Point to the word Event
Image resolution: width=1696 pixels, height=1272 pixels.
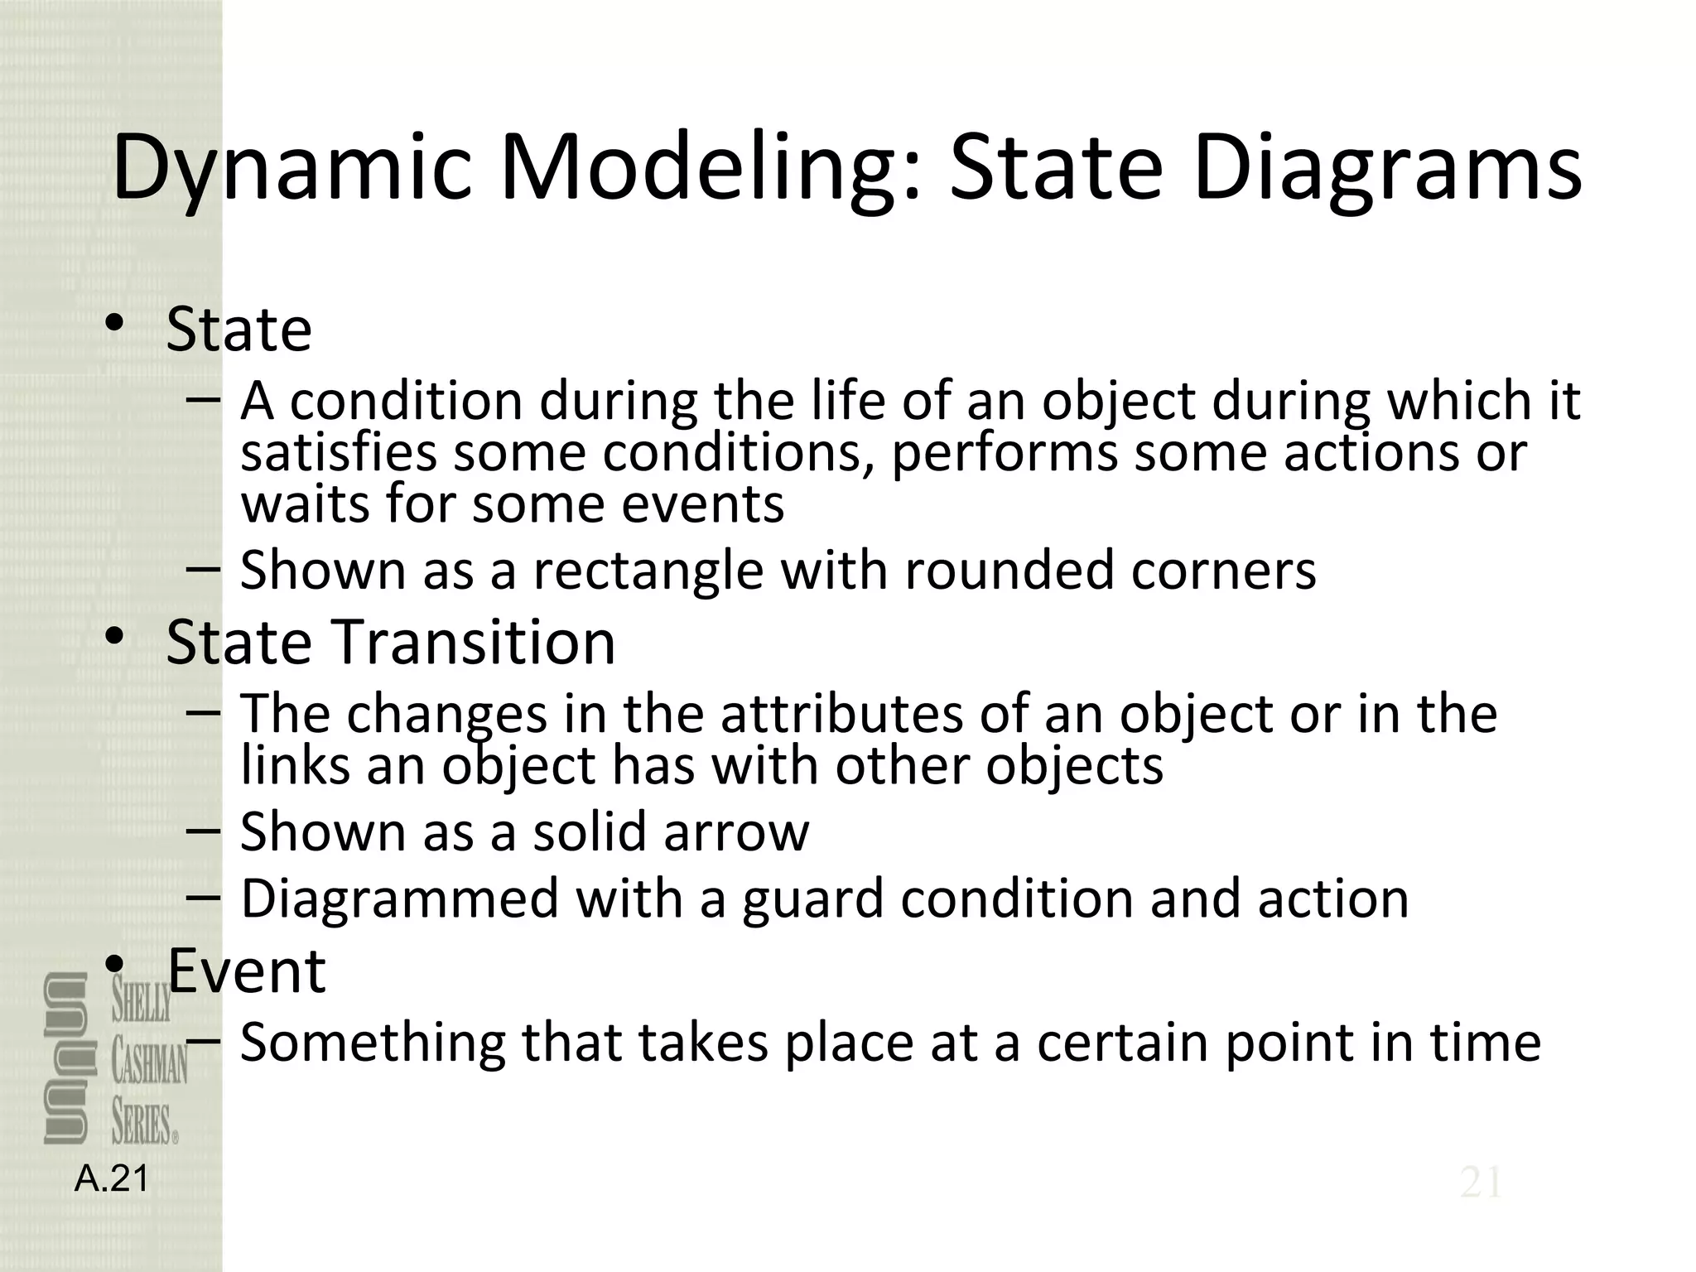click(x=247, y=970)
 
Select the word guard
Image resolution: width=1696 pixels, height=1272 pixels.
click(x=812, y=899)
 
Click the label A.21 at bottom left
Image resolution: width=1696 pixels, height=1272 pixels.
click(x=112, y=1178)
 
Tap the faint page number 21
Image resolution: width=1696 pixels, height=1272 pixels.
click(x=1481, y=1183)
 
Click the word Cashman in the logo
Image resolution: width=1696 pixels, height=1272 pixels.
click(x=150, y=1063)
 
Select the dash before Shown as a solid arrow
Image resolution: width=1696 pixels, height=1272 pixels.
click(x=203, y=830)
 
